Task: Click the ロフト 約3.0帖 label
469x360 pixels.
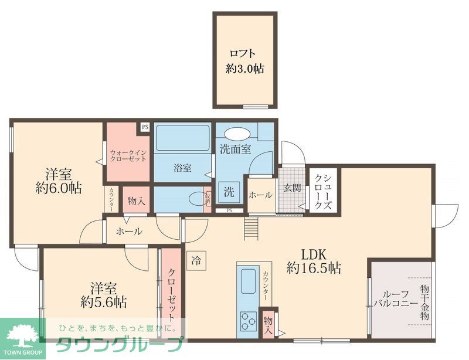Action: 244,61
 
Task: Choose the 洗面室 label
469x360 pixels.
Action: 235,149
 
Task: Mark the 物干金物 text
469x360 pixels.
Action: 425,302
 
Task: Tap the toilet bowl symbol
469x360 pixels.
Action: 195,199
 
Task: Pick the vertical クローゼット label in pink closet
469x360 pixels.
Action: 171,293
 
